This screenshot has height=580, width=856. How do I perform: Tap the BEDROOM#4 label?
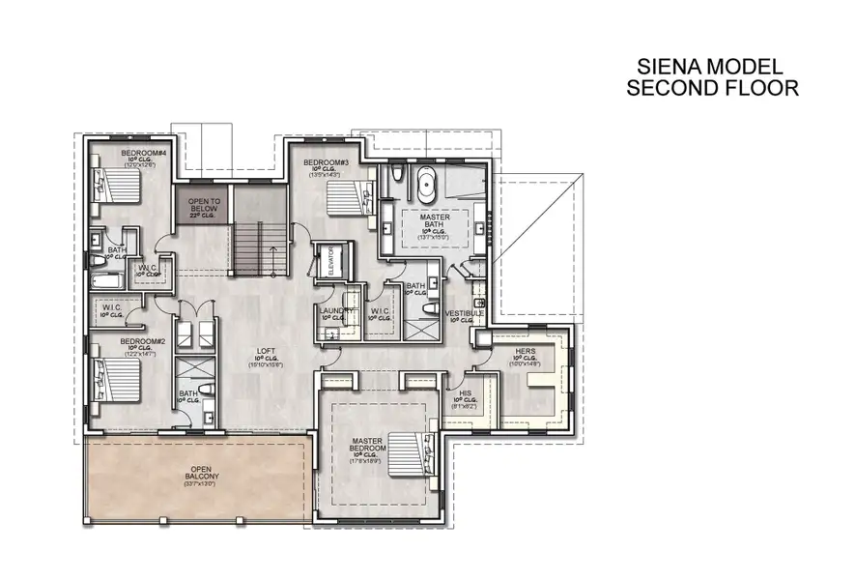click(142, 154)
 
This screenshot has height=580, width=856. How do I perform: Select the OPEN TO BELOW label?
click(203, 204)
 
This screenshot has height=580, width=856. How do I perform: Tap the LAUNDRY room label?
click(333, 310)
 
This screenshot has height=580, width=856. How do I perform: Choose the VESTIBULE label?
click(465, 314)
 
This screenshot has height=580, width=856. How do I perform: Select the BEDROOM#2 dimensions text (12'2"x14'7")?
click(141, 349)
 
